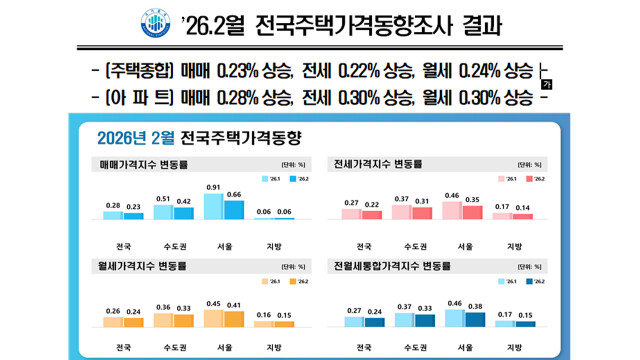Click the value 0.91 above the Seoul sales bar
[213, 187]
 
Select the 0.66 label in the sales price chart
[234, 194]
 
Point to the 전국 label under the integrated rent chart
[364, 349]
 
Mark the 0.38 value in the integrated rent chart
[475, 307]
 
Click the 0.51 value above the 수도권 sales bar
[163, 198]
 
